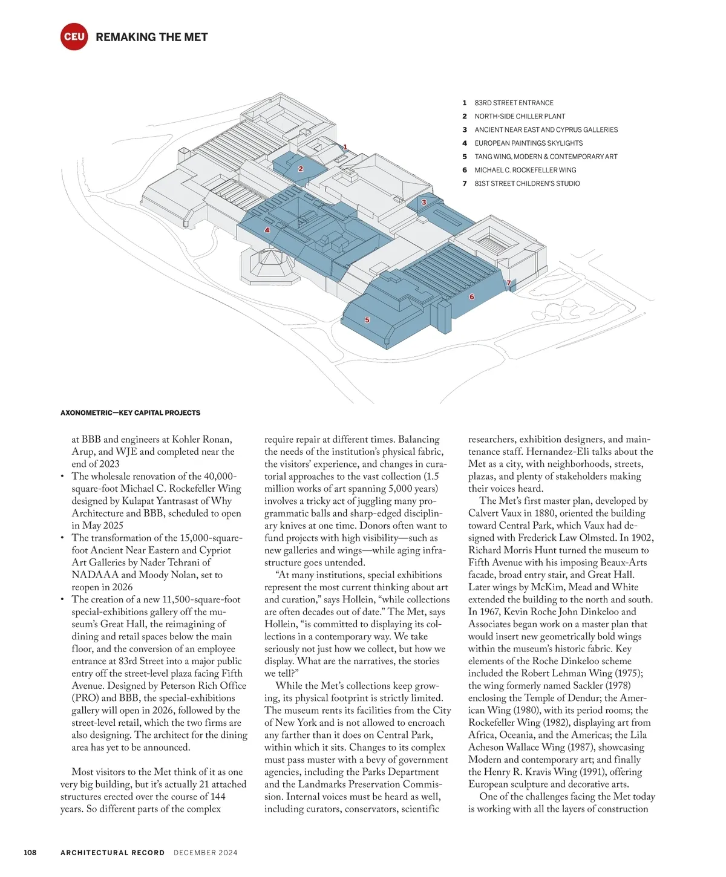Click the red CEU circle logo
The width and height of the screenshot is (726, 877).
click(74, 37)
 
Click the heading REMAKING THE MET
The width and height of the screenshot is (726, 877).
click(151, 37)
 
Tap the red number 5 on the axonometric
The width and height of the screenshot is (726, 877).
click(367, 320)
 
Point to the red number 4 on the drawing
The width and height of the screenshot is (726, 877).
click(267, 230)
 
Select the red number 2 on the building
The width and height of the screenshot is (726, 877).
click(301, 169)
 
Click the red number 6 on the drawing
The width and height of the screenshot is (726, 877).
click(472, 297)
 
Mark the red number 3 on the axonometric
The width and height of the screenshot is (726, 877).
click(424, 203)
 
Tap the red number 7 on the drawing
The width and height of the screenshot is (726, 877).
click(509, 283)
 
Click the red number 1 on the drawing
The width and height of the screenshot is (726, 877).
click(345, 147)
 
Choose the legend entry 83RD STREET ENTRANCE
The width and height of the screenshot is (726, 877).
click(514, 103)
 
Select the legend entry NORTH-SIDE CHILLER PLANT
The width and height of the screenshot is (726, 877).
click(520, 116)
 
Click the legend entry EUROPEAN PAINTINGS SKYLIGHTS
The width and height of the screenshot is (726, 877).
click(528, 143)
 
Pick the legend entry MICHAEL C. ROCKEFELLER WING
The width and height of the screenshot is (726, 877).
click(525, 170)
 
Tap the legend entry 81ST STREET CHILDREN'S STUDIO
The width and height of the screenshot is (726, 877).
click(527, 183)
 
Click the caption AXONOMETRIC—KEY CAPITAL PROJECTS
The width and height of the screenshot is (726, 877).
click(130, 412)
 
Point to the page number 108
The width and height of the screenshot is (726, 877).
click(30, 852)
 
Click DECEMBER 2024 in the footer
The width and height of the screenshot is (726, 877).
click(206, 853)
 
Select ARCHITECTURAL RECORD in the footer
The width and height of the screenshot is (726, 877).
click(113, 853)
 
